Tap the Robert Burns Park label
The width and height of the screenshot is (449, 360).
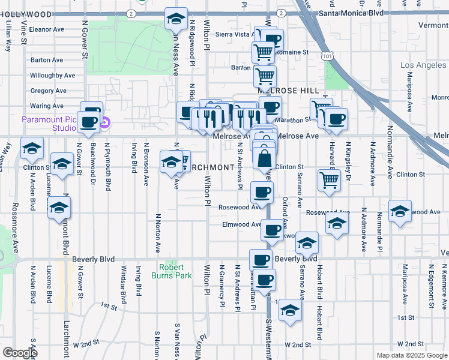point(175,271)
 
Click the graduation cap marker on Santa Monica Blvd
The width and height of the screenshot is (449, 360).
point(176,19)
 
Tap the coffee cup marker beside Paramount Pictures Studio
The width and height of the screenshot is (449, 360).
point(89,122)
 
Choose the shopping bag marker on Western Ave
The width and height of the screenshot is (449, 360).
point(264,160)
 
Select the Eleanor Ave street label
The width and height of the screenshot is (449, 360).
point(46,28)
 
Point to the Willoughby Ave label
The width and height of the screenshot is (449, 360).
point(52,76)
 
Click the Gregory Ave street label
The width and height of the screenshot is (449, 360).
point(48,91)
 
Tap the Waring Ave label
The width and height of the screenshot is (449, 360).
point(47,106)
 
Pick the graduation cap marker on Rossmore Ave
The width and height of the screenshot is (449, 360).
point(32,147)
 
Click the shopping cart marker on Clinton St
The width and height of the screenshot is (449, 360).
point(328,179)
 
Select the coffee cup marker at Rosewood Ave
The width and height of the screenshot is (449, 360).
point(261,192)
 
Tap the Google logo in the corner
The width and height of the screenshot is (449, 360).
point(19,353)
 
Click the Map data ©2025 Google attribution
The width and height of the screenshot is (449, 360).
point(411,355)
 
